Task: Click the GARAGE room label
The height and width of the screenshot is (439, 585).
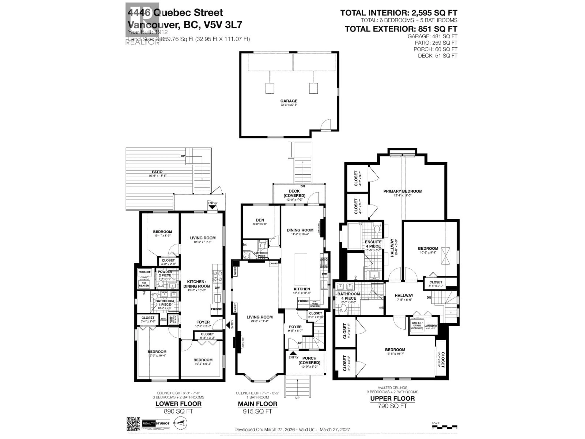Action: pos(289,101)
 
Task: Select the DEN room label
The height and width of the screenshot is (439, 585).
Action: pos(260,220)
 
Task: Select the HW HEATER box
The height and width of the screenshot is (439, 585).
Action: pos(144,284)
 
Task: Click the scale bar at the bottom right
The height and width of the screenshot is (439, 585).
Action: pos(444,427)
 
